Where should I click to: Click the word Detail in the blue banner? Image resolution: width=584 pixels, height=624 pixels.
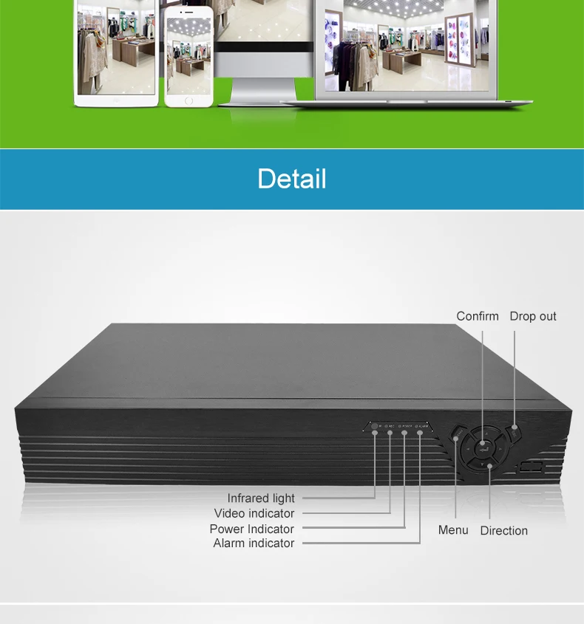(291, 179)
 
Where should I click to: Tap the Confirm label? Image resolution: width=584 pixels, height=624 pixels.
(478, 316)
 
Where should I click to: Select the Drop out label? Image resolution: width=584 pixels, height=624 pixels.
(533, 316)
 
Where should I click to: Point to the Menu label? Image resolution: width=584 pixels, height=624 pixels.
(453, 530)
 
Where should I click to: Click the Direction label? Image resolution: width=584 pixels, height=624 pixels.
(504, 530)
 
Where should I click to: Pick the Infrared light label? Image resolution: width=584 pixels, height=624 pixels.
(261, 498)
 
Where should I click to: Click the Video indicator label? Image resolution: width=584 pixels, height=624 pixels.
(254, 513)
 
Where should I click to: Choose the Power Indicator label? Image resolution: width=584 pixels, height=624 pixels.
(252, 529)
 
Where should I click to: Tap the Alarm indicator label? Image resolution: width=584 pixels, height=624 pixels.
(254, 544)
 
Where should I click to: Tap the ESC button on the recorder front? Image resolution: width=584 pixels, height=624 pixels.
(515, 428)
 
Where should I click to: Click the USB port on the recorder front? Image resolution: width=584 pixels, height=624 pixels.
(531, 467)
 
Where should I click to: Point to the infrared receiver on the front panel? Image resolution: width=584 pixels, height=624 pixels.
(375, 426)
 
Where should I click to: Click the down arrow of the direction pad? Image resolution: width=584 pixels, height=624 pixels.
(489, 464)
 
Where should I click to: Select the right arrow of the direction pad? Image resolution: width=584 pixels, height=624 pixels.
(502, 447)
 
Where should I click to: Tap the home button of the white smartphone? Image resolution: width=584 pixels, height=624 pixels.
(189, 100)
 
